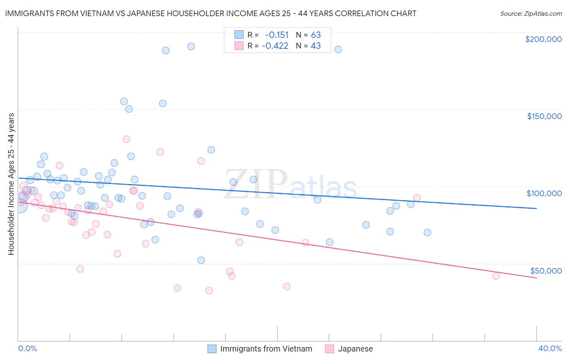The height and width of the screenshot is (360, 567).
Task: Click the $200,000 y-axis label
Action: [543, 39]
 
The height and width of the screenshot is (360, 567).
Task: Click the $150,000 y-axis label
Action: [544, 116]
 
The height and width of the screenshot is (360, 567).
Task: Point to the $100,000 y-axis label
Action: [544, 193]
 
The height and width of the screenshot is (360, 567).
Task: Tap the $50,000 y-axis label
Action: [546, 270]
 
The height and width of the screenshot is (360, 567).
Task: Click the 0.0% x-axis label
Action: [27, 348]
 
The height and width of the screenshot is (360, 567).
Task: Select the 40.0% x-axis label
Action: [550, 348]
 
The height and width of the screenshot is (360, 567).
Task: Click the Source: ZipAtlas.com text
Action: [531, 13]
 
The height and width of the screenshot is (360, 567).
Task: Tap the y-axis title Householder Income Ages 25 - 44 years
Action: [11, 184]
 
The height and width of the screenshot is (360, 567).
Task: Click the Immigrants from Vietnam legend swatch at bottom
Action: [212, 349]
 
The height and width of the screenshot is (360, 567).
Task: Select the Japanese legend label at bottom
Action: [355, 349]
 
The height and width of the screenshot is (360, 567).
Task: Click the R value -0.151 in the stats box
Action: [277, 35]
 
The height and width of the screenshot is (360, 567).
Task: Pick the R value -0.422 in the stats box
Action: [275, 46]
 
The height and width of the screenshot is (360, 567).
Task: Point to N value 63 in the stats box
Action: [316, 35]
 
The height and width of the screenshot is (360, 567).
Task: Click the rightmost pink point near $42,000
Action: [496, 276]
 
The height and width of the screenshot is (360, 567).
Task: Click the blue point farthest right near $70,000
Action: [427, 232]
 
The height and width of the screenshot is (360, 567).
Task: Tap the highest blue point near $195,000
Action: [191, 46]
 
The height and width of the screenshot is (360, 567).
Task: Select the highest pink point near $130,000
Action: [126, 139]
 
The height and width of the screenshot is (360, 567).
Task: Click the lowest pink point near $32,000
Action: [209, 291]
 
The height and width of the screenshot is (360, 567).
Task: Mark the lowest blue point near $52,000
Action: [201, 260]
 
